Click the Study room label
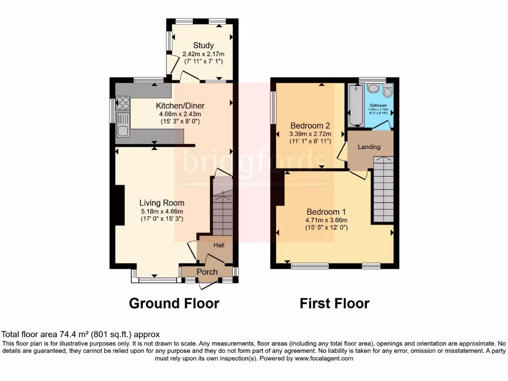pyautogui.click(x=203, y=46)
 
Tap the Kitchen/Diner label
pyautogui.click(x=180, y=106)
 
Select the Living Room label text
pyautogui.click(x=162, y=203)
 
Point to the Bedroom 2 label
pyautogui.click(x=310, y=126)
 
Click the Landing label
pyautogui.click(x=369, y=147)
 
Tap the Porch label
pyautogui.click(x=207, y=272)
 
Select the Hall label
pyautogui.click(x=219, y=246)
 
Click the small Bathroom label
pyautogui.click(x=378, y=106)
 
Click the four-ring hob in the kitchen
pyautogui.click(x=123, y=103)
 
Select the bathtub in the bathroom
pyautogui.click(x=355, y=106)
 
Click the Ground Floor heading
pyautogui.click(x=174, y=303)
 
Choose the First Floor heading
pyautogui.click(x=334, y=303)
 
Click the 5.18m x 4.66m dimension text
pyautogui.click(x=162, y=211)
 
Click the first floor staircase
pyautogui.click(x=382, y=189)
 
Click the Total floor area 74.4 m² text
pyautogui.click(x=81, y=335)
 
